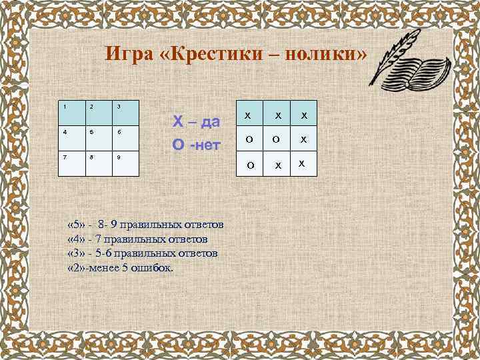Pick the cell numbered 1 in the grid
pos(71,113)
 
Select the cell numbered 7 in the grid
pos(71,163)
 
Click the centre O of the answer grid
pos(275,140)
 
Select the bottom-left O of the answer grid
pos(248,164)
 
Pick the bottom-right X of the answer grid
pos(301,163)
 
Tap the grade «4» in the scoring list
pos(77,238)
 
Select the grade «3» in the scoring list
pos(77,253)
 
